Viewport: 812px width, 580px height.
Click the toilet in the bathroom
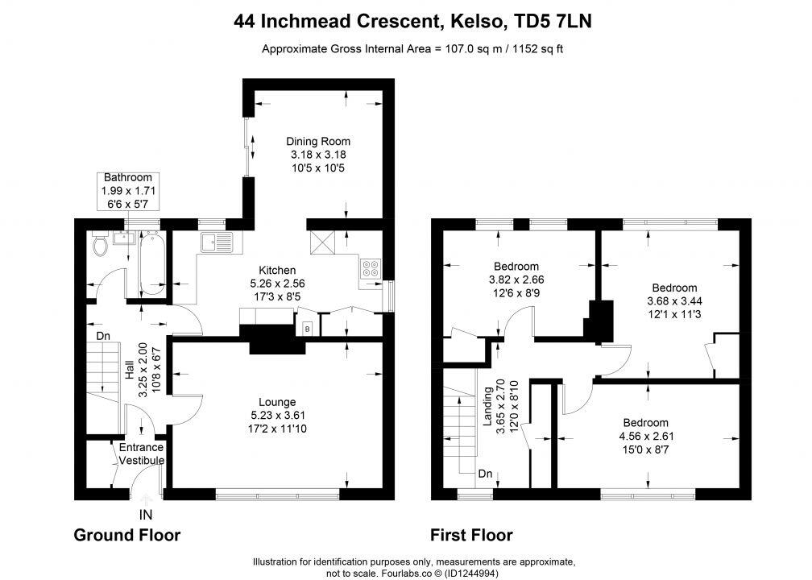point(101,244)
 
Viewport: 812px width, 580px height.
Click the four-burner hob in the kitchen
point(371,267)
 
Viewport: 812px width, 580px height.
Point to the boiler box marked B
point(307,329)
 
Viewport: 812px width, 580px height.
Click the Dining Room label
point(321,141)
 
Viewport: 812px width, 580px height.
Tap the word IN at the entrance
point(146,514)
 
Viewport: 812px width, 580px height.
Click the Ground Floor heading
point(126,535)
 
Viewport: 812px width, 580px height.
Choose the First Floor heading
point(471,535)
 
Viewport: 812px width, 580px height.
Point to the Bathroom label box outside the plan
point(127,191)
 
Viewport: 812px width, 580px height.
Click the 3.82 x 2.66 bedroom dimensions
point(516,280)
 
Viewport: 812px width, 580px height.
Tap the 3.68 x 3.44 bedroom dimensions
point(674,300)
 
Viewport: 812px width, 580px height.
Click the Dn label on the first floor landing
point(485,474)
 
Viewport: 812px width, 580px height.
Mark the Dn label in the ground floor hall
point(102,335)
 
